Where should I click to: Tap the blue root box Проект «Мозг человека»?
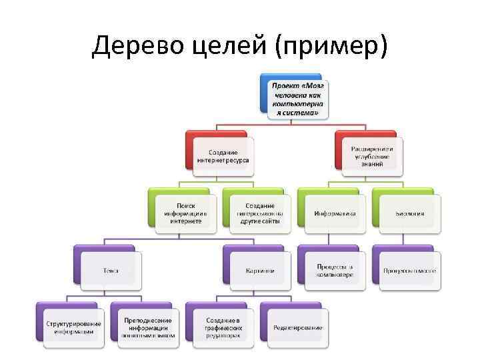pos(298,101)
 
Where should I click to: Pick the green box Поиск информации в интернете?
pos(185,213)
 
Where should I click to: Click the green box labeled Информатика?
pos(335,213)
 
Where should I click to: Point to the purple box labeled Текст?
pos(111,271)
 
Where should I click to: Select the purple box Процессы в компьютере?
pos(335,270)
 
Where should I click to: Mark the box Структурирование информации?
pos(73,327)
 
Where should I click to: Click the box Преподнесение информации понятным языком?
pos(148,327)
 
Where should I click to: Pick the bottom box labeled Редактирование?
pos(297,327)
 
